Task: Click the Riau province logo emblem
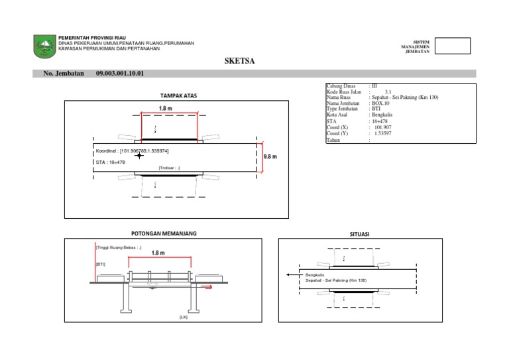(x=44, y=46)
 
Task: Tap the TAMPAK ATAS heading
(x=178, y=95)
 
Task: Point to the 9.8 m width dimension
(x=270, y=157)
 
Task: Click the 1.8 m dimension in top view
(x=166, y=107)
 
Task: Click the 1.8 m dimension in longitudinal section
(x=158, y=253)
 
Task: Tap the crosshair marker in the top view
(x=139, y=156)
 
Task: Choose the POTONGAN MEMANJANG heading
(x=164, y=233)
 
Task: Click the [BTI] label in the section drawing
(x=101, y=264)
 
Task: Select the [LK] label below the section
(x=184, y=318)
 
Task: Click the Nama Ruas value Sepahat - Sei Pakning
(x=405, y=97)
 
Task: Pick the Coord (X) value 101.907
(x=383, y=128)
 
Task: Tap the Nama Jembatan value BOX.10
(x=380, y=103)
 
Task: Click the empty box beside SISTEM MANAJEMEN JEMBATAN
(x=453, y=46)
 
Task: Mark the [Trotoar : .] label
(x=169, y=168)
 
